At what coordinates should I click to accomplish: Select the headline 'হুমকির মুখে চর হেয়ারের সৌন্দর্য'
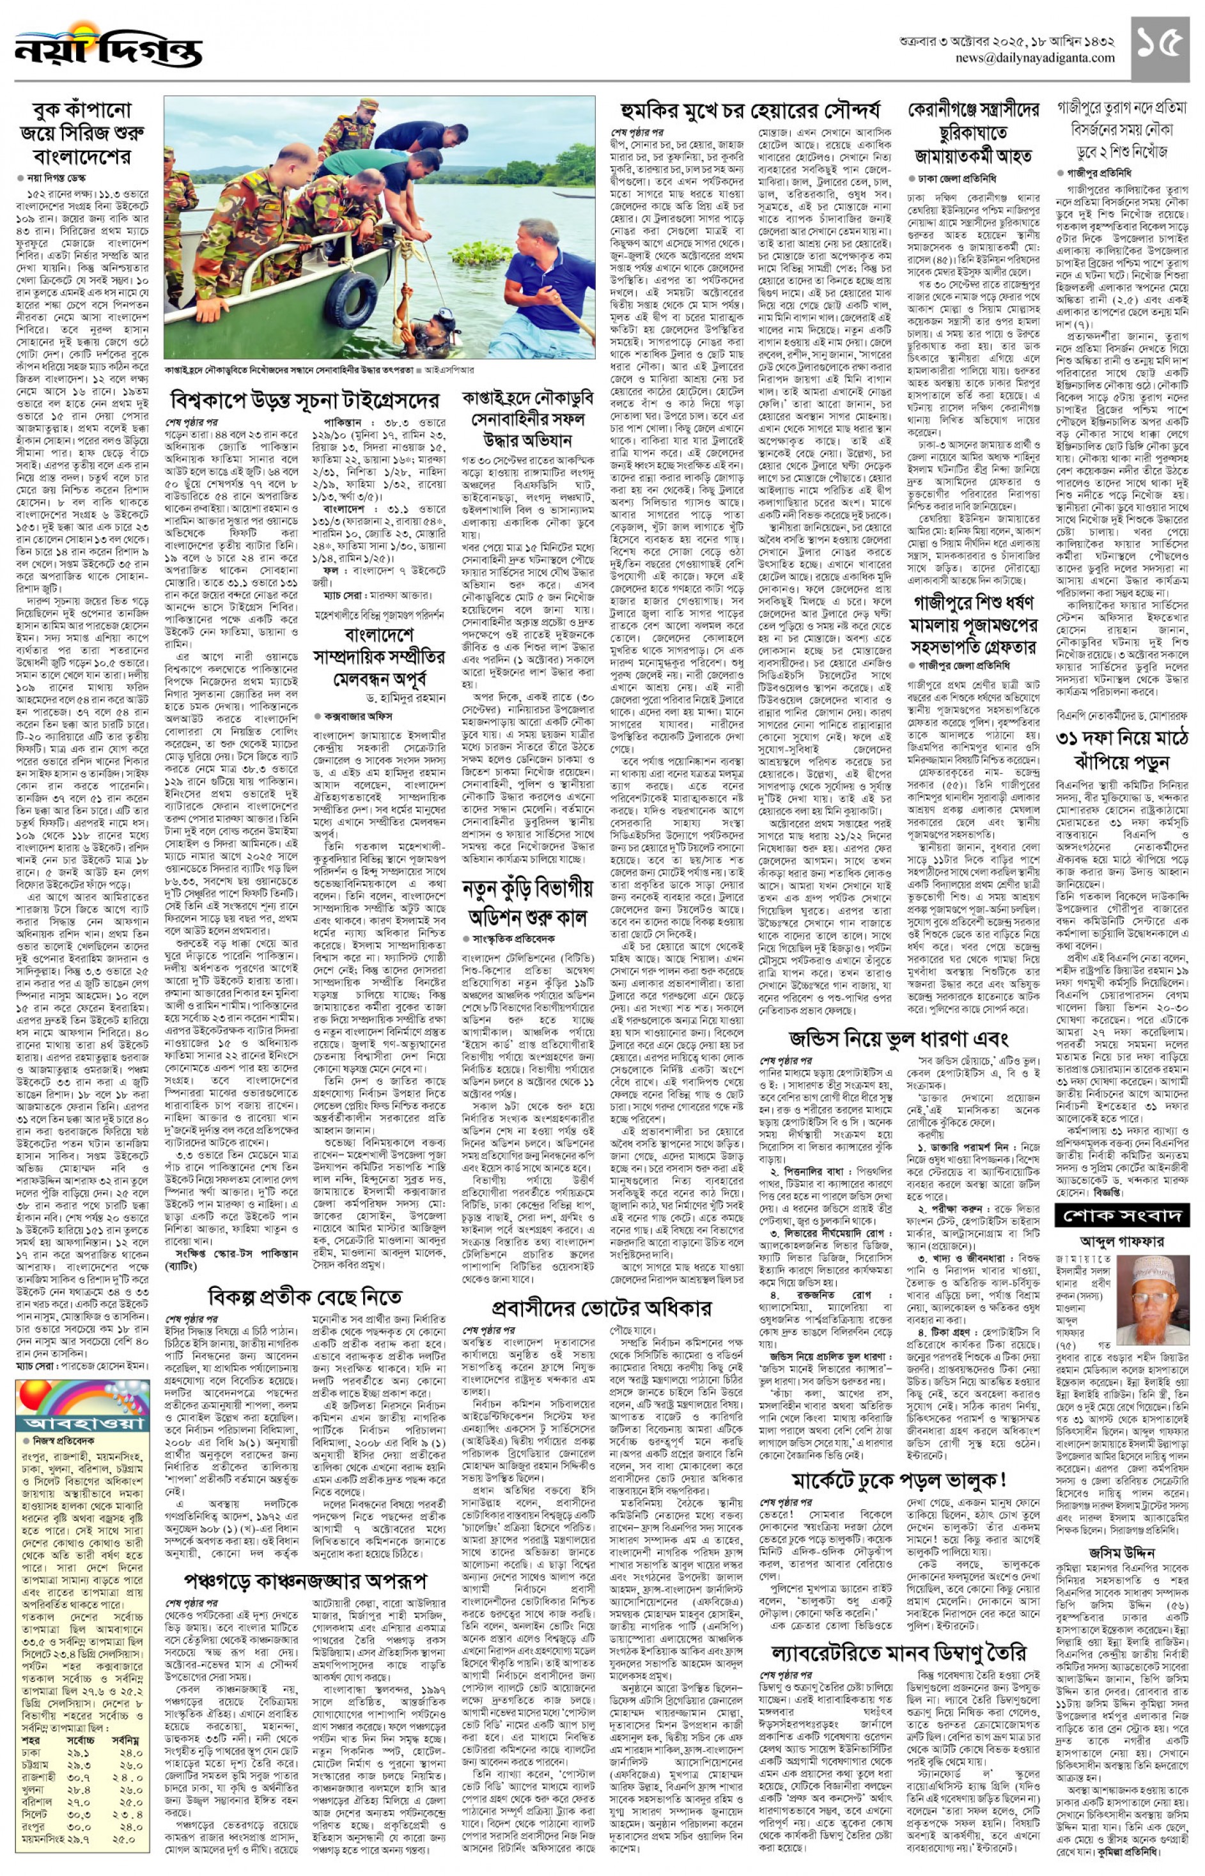point(750,111)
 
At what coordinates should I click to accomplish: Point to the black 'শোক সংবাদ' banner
point(1121,1216)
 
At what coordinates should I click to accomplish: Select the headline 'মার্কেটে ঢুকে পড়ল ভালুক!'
point(898,1481)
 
